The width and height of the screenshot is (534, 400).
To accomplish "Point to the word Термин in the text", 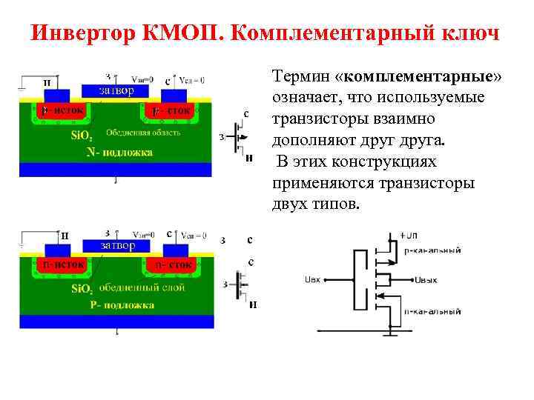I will (300, 76).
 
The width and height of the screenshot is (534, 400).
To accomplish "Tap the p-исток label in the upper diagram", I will (62, 110).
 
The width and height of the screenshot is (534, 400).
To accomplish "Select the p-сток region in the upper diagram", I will (172, 111).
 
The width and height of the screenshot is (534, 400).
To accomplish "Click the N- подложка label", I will (119, 152).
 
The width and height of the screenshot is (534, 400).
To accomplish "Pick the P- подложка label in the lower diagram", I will (122, 304).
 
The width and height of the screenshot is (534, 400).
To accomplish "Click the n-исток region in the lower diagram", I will (63, 264).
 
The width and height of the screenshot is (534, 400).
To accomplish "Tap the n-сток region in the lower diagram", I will (173, 264).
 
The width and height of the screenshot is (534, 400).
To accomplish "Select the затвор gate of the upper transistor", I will (116, 91).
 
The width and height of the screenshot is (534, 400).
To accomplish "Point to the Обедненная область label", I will (143, 133).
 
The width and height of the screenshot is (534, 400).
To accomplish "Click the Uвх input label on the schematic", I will (312, 280).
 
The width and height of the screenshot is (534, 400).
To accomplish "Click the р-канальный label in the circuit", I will (432, 250).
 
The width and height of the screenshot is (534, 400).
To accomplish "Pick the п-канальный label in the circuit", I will (432, 312).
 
